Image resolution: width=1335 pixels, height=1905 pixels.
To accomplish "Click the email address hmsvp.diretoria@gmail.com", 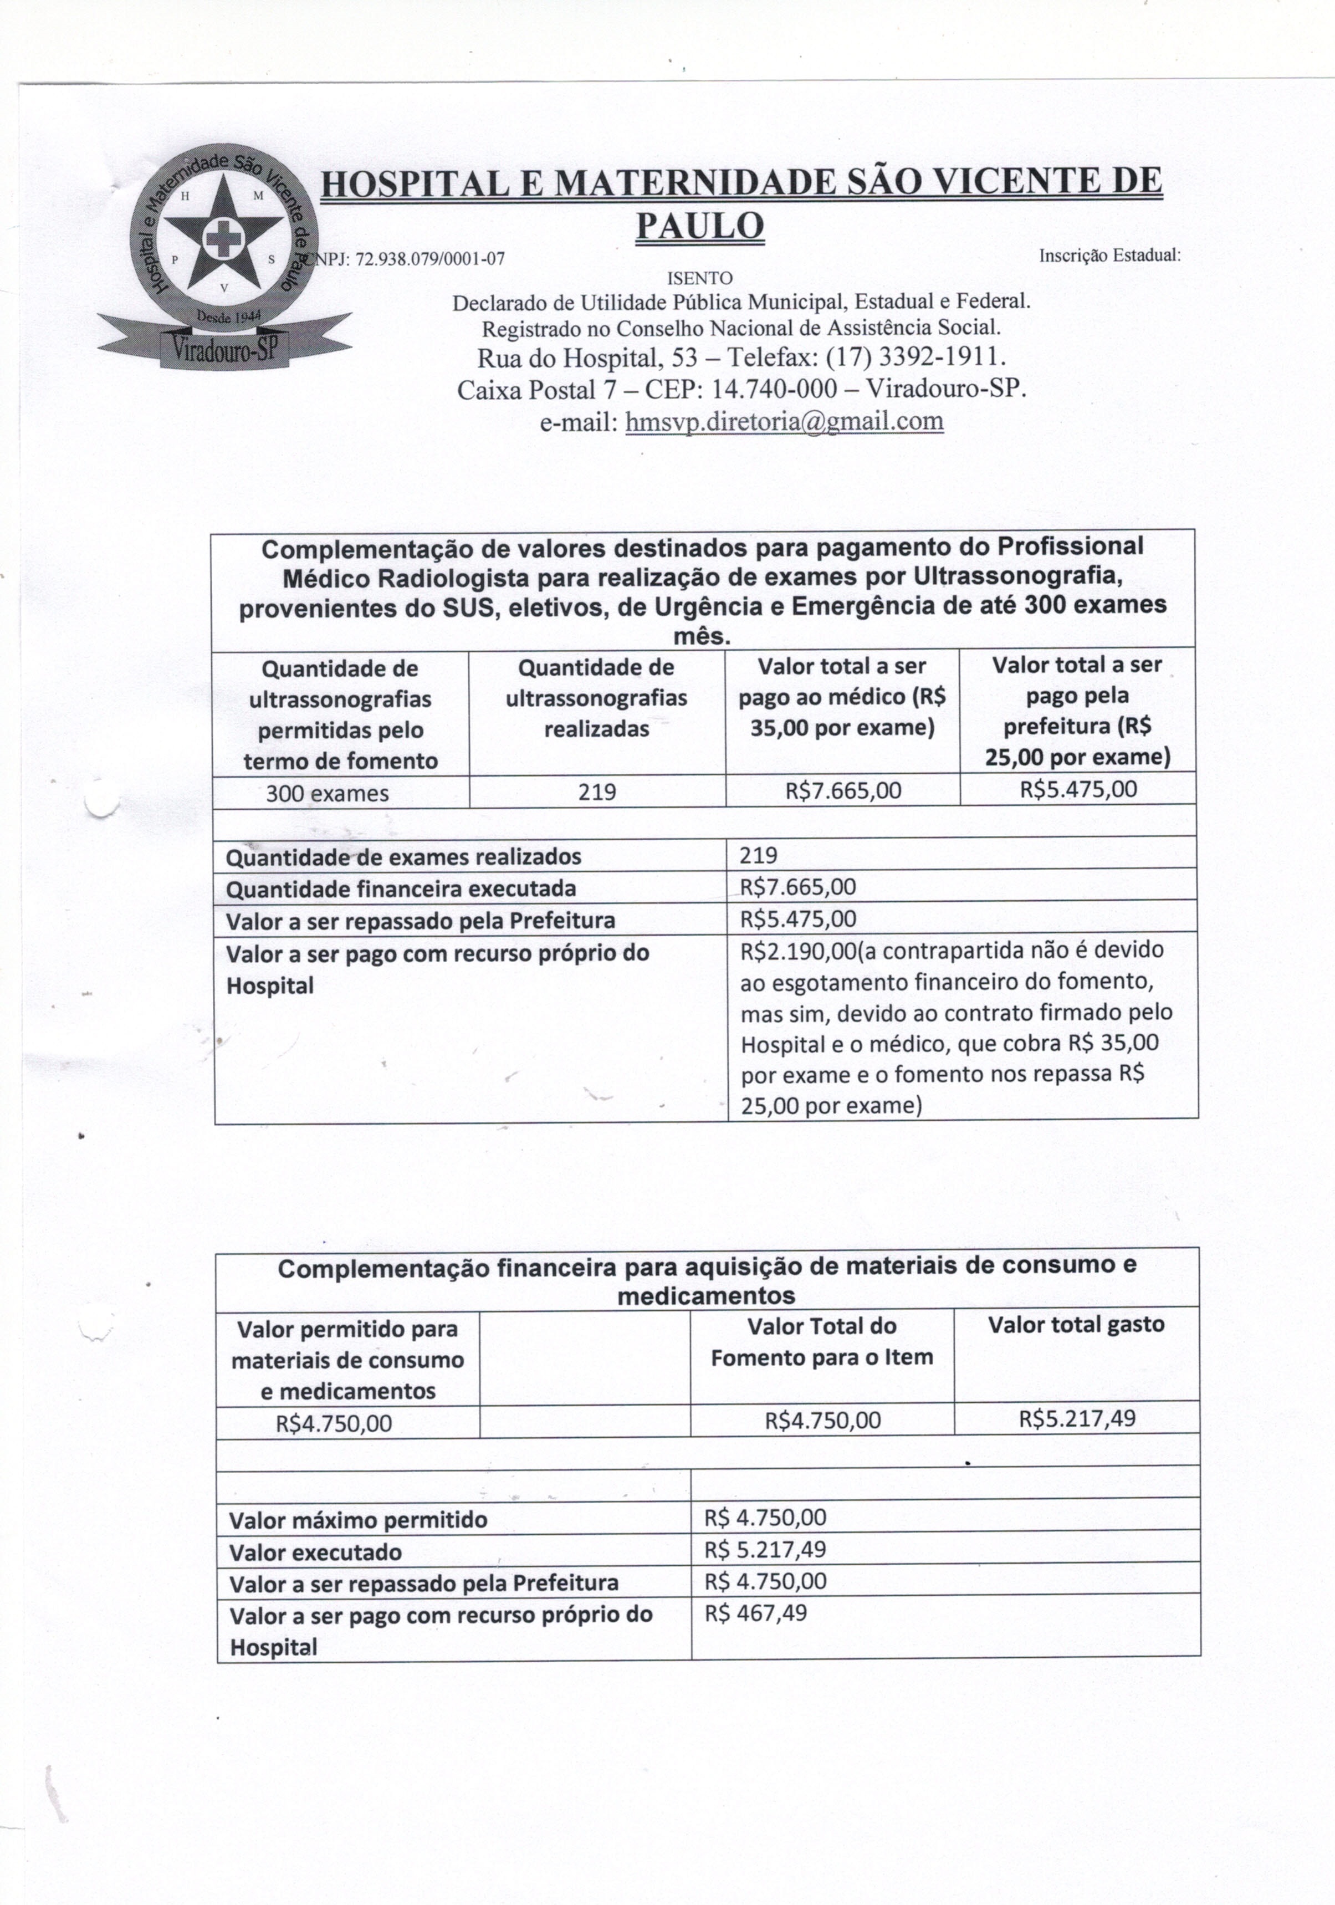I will [x=784, y=421].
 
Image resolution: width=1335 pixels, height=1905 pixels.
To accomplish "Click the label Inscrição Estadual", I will [x=1108, y=256].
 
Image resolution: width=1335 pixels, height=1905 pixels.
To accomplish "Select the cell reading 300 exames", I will [x=327, y=793].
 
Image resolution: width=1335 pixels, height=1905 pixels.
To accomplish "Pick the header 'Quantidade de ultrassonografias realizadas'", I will [x=596, y=698].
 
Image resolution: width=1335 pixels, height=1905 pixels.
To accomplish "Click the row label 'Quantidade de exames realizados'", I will [x=403, y=856].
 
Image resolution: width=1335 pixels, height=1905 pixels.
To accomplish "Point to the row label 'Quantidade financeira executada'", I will [x=401, y=888].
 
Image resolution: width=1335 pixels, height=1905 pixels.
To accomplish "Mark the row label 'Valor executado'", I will [x=315, y=1552].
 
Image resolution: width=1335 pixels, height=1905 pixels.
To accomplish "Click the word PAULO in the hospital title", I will [x=699, y=225].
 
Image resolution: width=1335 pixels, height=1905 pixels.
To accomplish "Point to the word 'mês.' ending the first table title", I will [x=702, y=637].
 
